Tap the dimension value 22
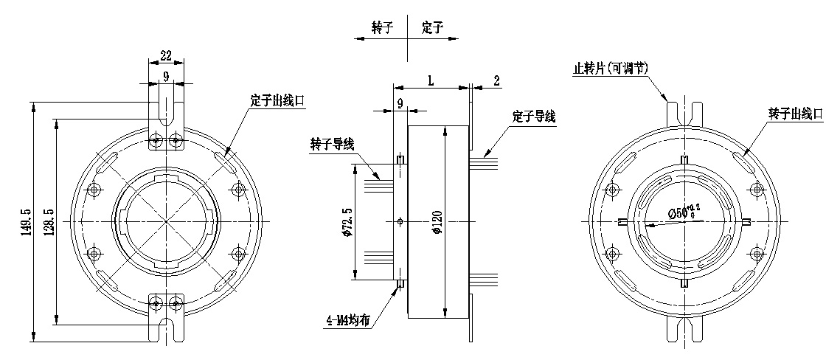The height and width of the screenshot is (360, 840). (166, 55)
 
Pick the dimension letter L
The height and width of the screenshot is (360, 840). (430, 80)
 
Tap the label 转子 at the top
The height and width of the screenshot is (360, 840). (382, 28)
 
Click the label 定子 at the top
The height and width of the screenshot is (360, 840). (431, 28)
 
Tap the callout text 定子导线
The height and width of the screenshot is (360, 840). (533, 117)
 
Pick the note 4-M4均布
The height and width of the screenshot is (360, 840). (347, 320)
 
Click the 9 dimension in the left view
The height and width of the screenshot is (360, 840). (166, 76)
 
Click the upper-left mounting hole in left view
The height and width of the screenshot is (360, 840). (94, 190)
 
